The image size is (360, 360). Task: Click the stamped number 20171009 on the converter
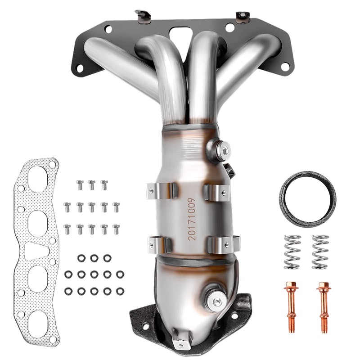click(x=192, y=219)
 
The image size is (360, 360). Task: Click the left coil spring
click(x=292, y=252)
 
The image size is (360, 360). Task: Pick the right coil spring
click(x=320, y=252)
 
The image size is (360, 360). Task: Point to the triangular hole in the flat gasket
click(x=36, y=251)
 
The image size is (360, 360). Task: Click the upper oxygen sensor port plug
click(x=218, y=150)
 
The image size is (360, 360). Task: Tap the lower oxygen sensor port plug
click(x=216, y=301)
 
